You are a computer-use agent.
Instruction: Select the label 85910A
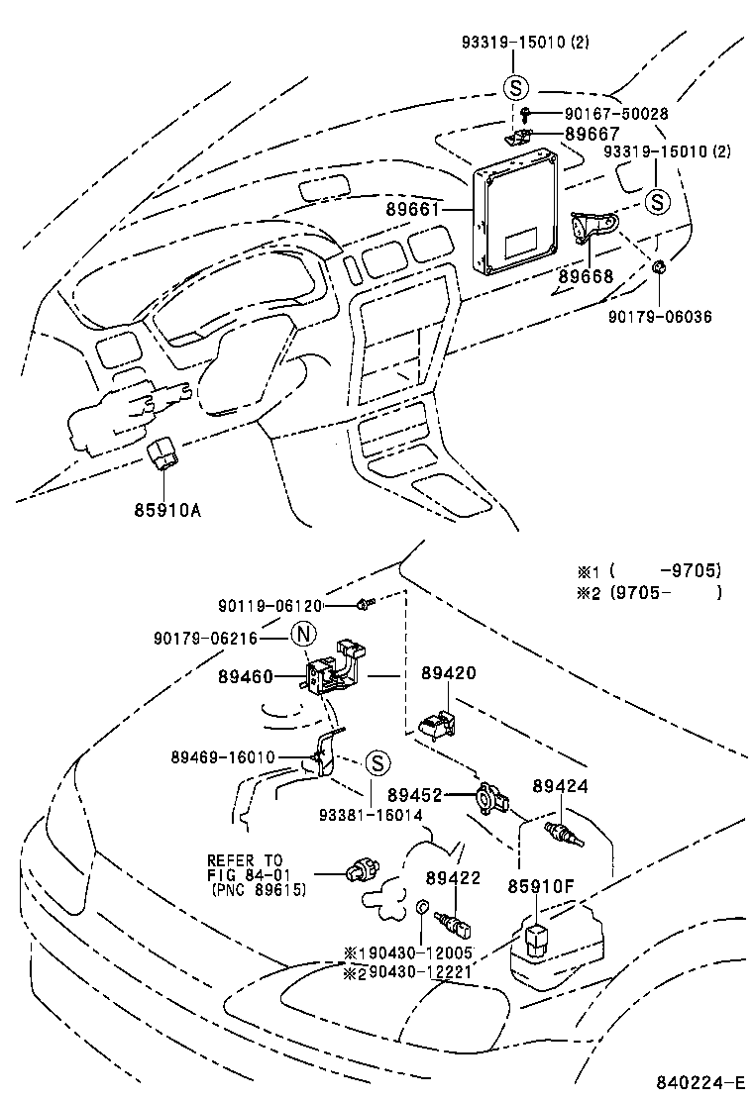click(167, 511)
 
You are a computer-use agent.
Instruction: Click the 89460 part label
click(246, 678)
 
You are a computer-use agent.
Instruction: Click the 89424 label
click(560, 785)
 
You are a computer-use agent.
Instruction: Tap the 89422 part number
click(453, 878)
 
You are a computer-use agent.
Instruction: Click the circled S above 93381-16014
click(376, 763)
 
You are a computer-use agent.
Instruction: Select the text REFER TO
click(245, 859)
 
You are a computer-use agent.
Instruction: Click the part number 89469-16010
click(223, 757)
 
